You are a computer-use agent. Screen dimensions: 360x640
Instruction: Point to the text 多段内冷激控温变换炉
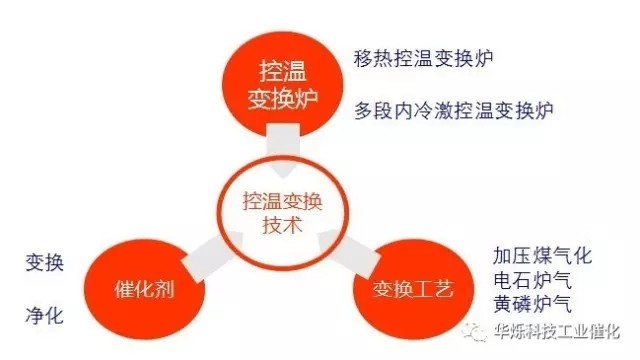[440, 108]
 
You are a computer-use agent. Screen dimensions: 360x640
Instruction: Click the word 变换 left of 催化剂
[45, 263]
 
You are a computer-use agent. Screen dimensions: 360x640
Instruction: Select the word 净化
[45, 314]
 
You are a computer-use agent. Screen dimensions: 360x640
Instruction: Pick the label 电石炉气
[534, 277]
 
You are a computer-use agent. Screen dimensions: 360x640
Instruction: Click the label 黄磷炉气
[534, 301]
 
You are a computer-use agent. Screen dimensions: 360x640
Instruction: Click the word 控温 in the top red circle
[281, 71]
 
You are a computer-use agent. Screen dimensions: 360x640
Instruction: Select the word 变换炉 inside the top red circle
[281, 98]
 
